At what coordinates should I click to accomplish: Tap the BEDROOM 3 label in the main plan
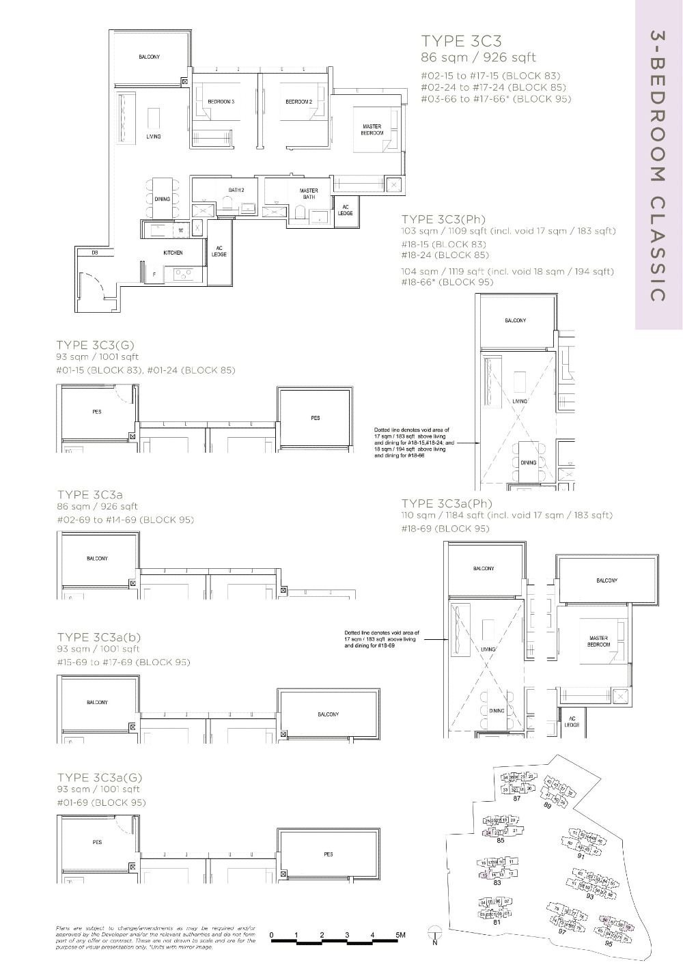221,102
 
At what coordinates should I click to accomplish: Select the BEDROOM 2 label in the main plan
298,102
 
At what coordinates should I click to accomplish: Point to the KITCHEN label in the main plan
173,253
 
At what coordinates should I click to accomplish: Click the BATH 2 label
236,190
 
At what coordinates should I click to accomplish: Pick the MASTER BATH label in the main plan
309,194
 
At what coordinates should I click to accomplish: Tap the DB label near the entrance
95,253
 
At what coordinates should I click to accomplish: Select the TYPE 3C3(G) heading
96,345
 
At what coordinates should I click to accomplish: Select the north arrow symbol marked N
434,934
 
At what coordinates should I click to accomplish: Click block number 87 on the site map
517,798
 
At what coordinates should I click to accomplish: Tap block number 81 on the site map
497,922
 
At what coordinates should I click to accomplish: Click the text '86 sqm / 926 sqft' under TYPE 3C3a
98,506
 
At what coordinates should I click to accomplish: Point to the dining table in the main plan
162,199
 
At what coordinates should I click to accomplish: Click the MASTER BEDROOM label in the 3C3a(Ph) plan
598,641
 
